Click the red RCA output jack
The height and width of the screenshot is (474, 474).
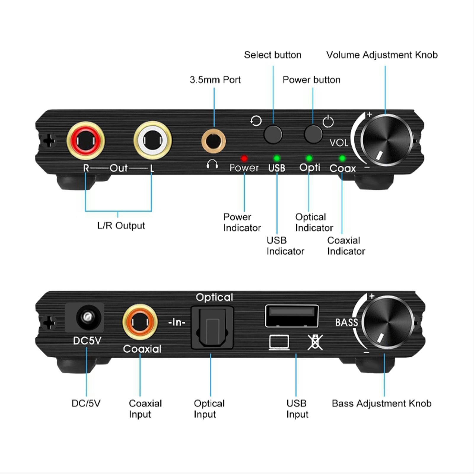coord(86,141)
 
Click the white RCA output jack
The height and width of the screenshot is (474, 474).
coord(153,141)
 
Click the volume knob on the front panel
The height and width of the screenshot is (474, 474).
coord(386,140)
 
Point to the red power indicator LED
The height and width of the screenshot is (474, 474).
coord(244,158)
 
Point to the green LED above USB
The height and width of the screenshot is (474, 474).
coord(277,158)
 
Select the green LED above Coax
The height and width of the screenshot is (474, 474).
coord(342,158)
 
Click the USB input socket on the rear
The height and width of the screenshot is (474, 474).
coord(292,316)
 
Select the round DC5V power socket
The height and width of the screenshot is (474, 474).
coord(87,317)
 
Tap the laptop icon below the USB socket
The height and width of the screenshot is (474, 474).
coord(279,342)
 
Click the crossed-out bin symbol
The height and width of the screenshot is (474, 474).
coord(315,342)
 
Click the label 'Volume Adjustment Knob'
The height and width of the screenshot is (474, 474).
coord(382,55)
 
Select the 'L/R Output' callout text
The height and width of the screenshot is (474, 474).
coord(121,225)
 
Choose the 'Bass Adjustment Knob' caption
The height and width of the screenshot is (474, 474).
coord(381,403)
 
